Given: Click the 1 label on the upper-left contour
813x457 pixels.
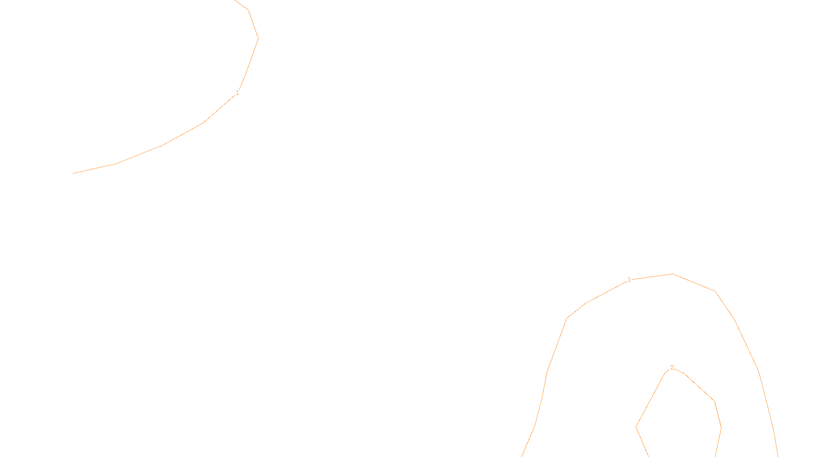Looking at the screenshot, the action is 237,93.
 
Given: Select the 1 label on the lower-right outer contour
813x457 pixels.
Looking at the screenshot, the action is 629,280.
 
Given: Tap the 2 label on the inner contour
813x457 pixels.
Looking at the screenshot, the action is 672,368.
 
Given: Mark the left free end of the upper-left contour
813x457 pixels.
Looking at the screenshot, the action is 73,174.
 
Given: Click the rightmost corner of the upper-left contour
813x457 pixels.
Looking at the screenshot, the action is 258,38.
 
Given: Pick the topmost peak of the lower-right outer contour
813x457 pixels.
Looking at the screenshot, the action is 672,274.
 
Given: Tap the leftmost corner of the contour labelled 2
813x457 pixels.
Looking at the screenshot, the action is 636,427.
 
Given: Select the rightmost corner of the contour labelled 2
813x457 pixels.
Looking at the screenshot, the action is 721,428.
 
